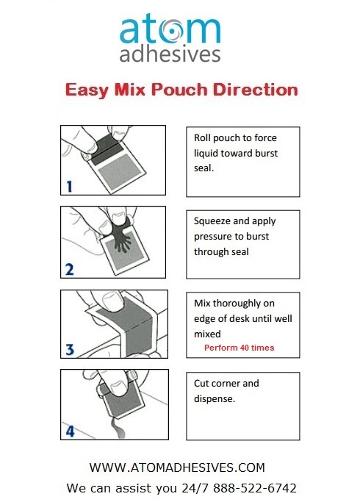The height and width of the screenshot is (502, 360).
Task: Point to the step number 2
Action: pyautogui.click(x=69, y=269)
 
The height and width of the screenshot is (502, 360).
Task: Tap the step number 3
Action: pyautogui.click(x=69, y=351)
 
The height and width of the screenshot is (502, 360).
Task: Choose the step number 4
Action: pyautogui.click(x=69, y=431)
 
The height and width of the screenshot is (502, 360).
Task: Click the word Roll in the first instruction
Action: pyautogui.click(x=203, y=137)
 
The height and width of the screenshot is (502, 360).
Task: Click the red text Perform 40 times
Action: pyautogui.click(x=239, y=347)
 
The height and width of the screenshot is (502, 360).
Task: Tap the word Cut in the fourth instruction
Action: pyautogui.click(x=202, y=383)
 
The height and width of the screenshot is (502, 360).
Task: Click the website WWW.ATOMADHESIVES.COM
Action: pyautogui.click(x=176, y=467)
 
